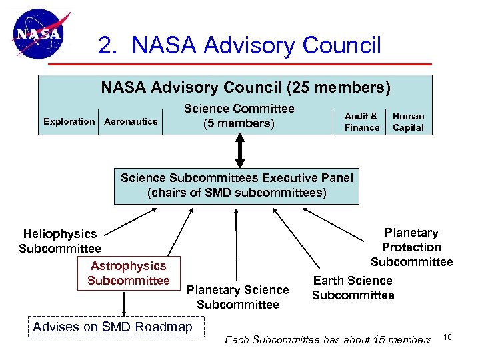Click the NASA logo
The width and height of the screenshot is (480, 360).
coord(40,35)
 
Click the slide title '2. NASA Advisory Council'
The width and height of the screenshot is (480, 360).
coord(239,45)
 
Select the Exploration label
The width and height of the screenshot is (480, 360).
coord(69,121)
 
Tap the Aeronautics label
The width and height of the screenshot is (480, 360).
coord(131,121)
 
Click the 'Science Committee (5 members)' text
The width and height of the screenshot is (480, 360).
coord(239,115)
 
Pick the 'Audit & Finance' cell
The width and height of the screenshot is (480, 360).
coord(362,121)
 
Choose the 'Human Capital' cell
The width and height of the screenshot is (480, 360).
coord(408,121)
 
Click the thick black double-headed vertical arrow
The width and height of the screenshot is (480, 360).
coord(239,151)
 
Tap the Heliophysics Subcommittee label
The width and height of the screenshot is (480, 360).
coord(60,241)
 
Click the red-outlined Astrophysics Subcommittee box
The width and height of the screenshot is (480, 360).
coord(129,273)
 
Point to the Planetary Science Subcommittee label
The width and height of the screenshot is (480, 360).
coord(238,297)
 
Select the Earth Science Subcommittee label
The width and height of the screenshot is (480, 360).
coord(353,288)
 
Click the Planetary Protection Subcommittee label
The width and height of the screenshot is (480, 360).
coord(411,247)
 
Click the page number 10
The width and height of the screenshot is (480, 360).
coord(447,337)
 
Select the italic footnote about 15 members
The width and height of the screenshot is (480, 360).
coord(328,340)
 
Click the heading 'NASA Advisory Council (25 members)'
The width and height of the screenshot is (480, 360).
coord(245,87)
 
